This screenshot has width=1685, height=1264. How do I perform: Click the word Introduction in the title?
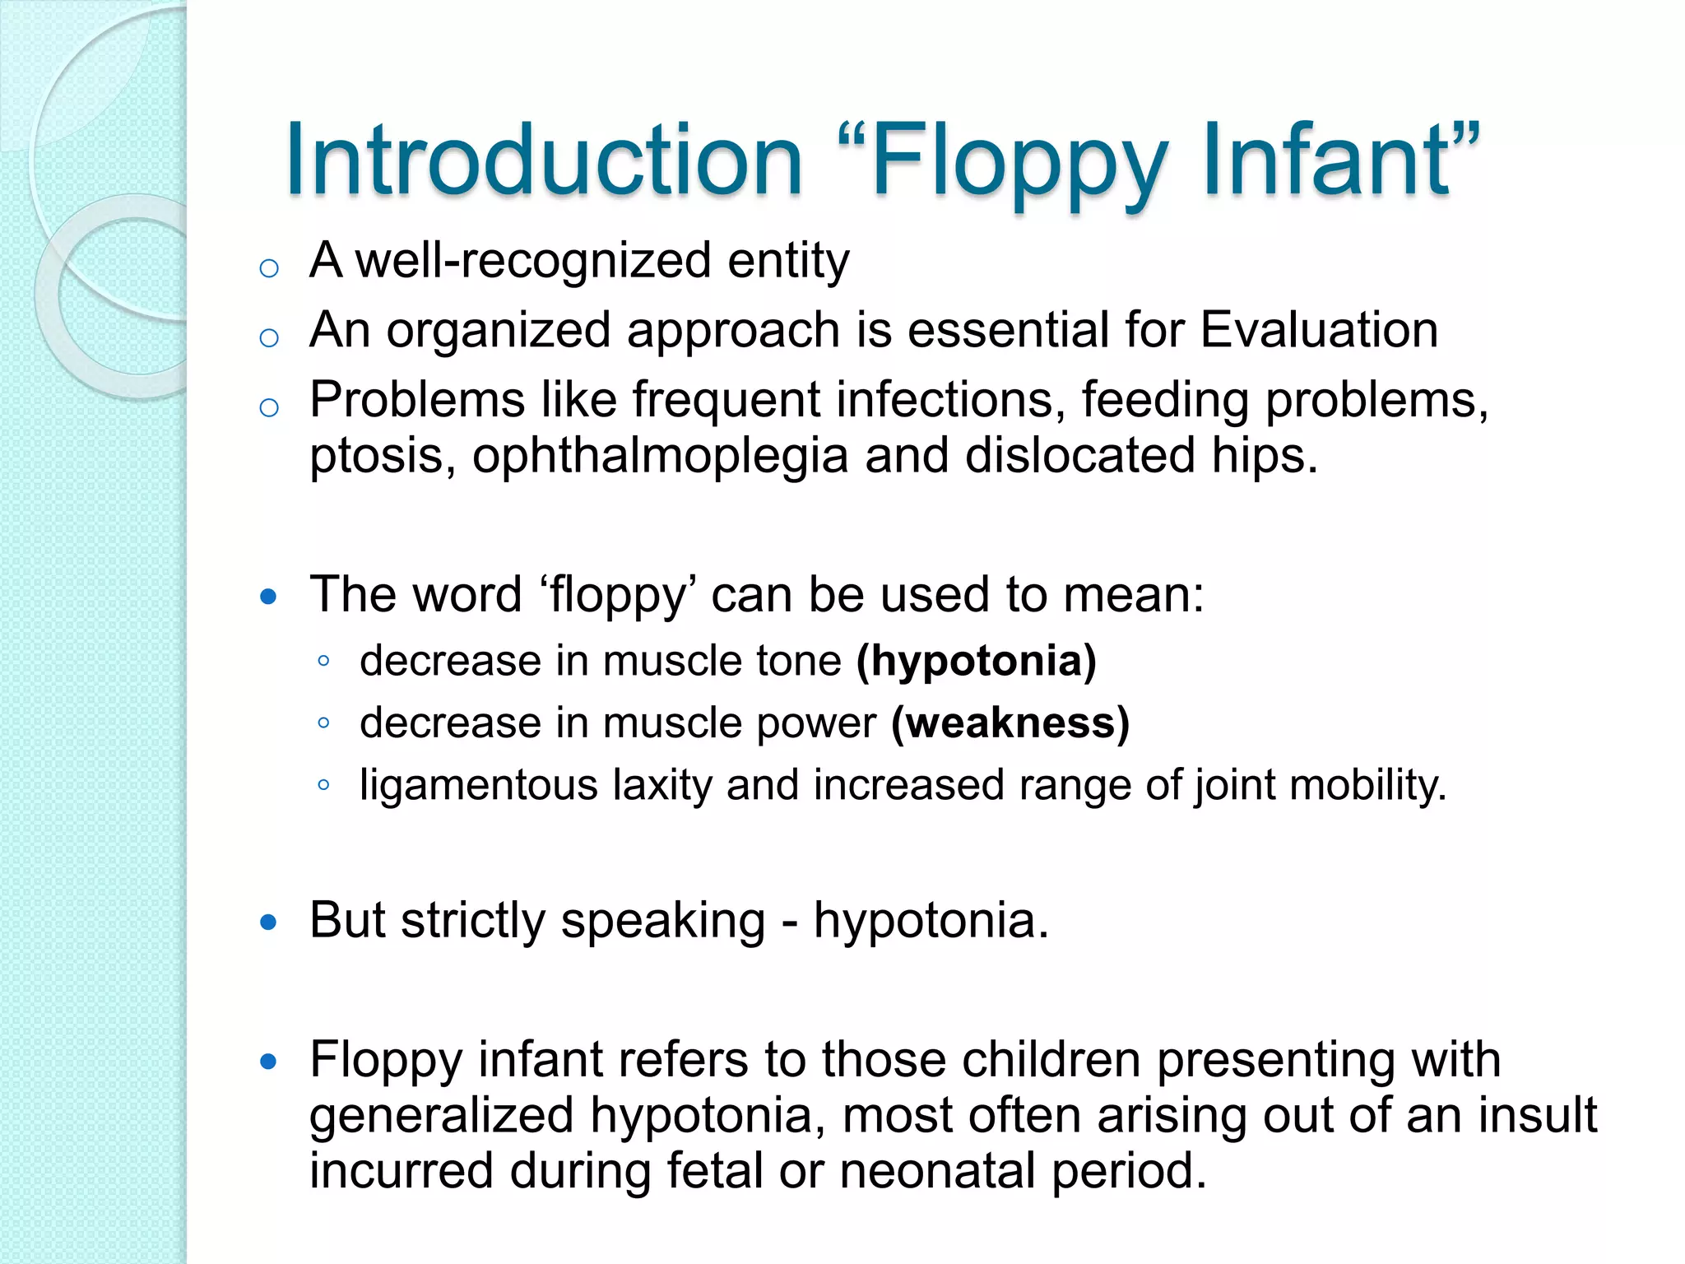point(543,160)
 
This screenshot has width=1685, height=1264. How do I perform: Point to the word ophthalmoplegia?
point(659,457)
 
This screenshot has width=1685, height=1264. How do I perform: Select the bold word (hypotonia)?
point(977,662)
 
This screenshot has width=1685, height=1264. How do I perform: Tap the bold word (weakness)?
point(1010,723)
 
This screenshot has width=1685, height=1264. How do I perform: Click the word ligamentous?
point(479,786)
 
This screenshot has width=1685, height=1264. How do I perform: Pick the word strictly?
point(473,921)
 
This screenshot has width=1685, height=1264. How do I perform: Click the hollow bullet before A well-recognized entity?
point(269,268)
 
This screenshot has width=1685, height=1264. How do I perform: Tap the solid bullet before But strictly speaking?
point(268,922)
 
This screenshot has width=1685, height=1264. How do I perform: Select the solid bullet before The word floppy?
point(268,597)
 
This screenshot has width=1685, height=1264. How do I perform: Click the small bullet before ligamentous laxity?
point(323,785)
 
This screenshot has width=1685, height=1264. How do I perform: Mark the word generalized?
point(441,1116)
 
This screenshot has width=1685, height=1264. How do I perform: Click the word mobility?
point(1367,786)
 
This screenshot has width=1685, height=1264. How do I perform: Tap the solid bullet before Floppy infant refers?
point(268,1062)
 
